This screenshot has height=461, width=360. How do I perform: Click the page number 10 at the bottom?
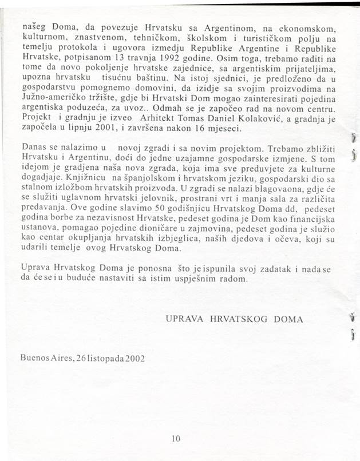[x=176, y=439]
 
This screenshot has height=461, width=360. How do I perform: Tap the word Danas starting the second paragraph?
[x=33, y=148]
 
